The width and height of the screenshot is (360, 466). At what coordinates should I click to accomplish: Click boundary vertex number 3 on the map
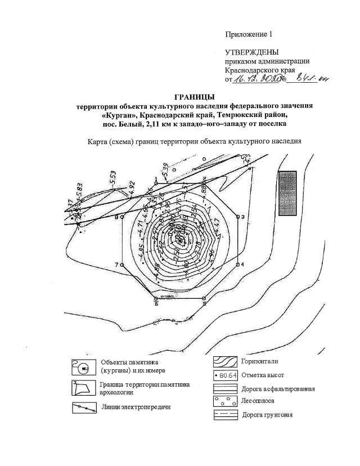[x=238, y=217]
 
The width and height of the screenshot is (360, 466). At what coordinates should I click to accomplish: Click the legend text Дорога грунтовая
[x=267, y=415]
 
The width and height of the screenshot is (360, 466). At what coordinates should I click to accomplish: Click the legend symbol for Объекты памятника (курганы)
[x=84, y=368]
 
